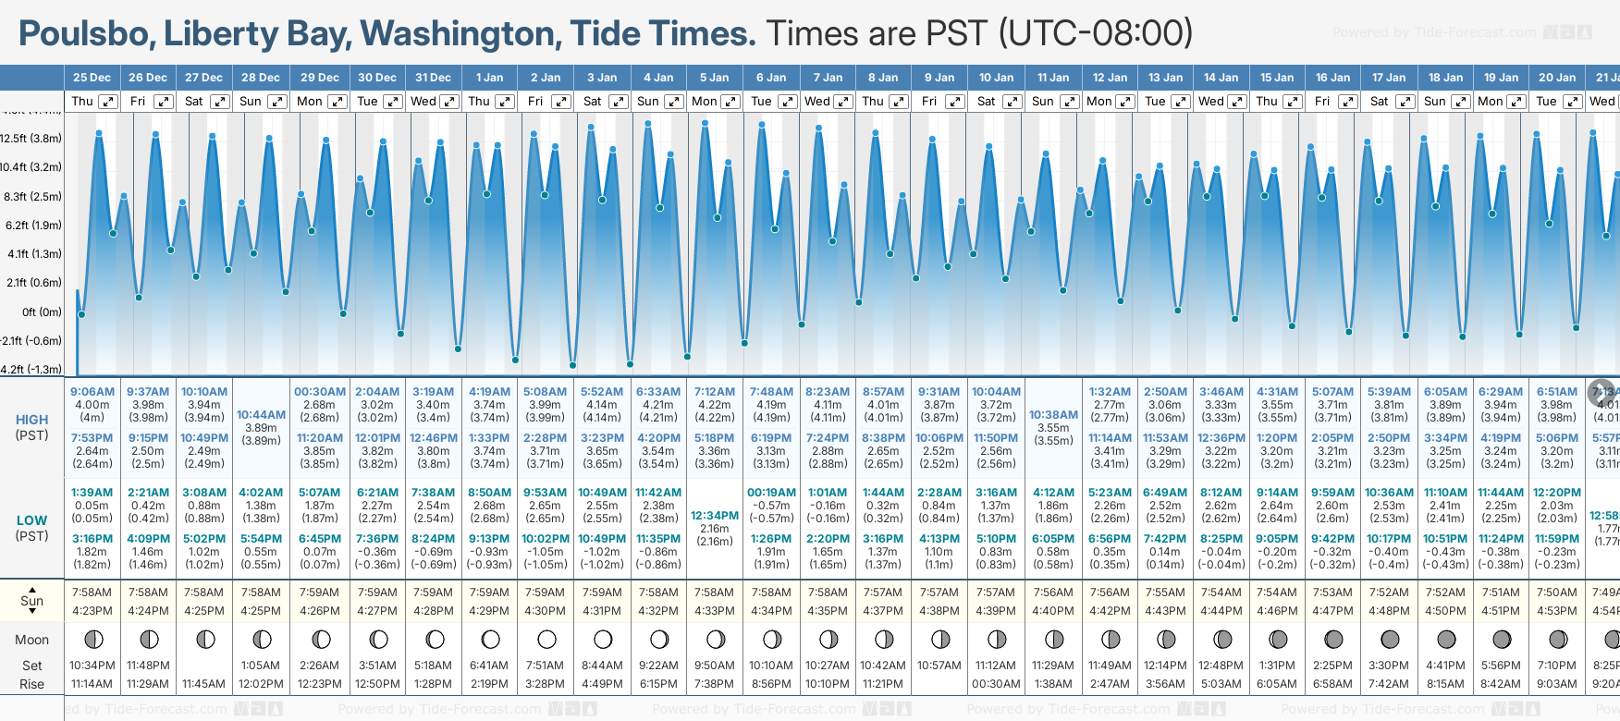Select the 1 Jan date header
489,78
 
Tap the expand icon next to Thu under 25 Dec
108,102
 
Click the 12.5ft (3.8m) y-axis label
31,139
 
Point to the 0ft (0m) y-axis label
42,312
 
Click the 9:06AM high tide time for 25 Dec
92,392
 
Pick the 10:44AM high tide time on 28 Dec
261,415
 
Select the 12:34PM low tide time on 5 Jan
715,516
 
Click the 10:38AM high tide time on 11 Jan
1053,415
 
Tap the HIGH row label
31,420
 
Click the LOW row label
31,520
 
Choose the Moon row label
31,640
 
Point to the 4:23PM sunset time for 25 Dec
92,611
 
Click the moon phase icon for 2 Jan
546,639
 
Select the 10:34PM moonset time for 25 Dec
92,666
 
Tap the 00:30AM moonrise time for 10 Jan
997,684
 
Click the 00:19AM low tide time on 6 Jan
771,493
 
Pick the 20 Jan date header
1557,78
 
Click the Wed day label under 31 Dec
423,102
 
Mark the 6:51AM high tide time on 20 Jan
1557,392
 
